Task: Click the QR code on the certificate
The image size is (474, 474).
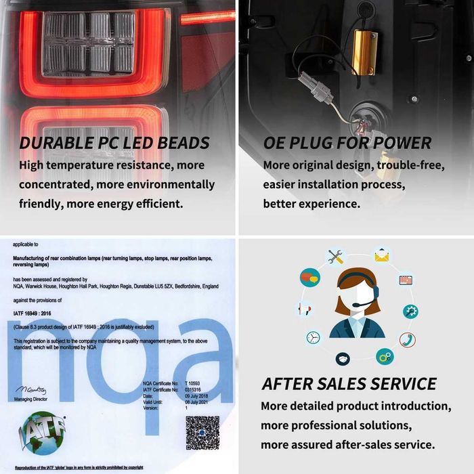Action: pos(202,434)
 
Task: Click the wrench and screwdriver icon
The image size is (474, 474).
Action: pos(336,257)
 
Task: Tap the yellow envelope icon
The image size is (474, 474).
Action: pos(383,256)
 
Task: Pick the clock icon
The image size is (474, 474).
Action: pos(313,337)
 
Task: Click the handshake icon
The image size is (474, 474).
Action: pos(343,358)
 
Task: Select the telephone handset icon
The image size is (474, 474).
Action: pos(407,339)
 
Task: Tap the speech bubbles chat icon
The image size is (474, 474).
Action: pos(309,276)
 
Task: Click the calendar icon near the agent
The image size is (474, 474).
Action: pos(406,279)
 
